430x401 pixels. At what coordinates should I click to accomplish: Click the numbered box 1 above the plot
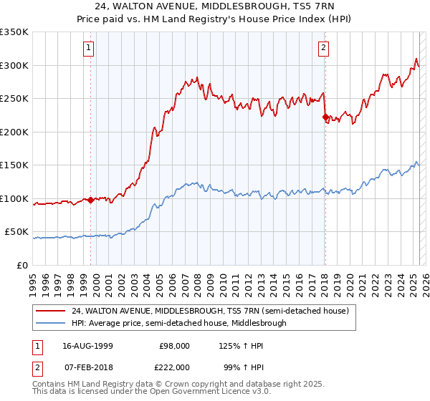point(88,48)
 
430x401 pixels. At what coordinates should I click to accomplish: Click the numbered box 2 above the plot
point(323,48)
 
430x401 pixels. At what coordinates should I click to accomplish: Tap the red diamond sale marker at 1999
point(91,200)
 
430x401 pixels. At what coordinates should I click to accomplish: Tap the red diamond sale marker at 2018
point(325,117)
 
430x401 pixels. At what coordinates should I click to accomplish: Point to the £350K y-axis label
point(14,32)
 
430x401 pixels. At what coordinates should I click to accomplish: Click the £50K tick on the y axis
point(17,232)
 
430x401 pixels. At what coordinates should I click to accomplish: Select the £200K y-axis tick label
point(14,132)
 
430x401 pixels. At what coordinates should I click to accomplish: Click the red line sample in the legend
point(52,311)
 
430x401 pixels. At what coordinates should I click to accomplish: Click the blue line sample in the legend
point(52,323)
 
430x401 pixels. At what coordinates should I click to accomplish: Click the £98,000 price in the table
point(173,346)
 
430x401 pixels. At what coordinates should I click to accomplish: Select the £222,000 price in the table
point(173,367)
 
